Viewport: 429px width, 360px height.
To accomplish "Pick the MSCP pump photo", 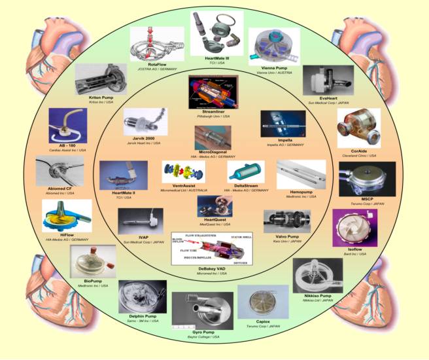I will coord(367,181).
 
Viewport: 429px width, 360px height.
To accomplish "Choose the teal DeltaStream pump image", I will coord(246,173).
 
